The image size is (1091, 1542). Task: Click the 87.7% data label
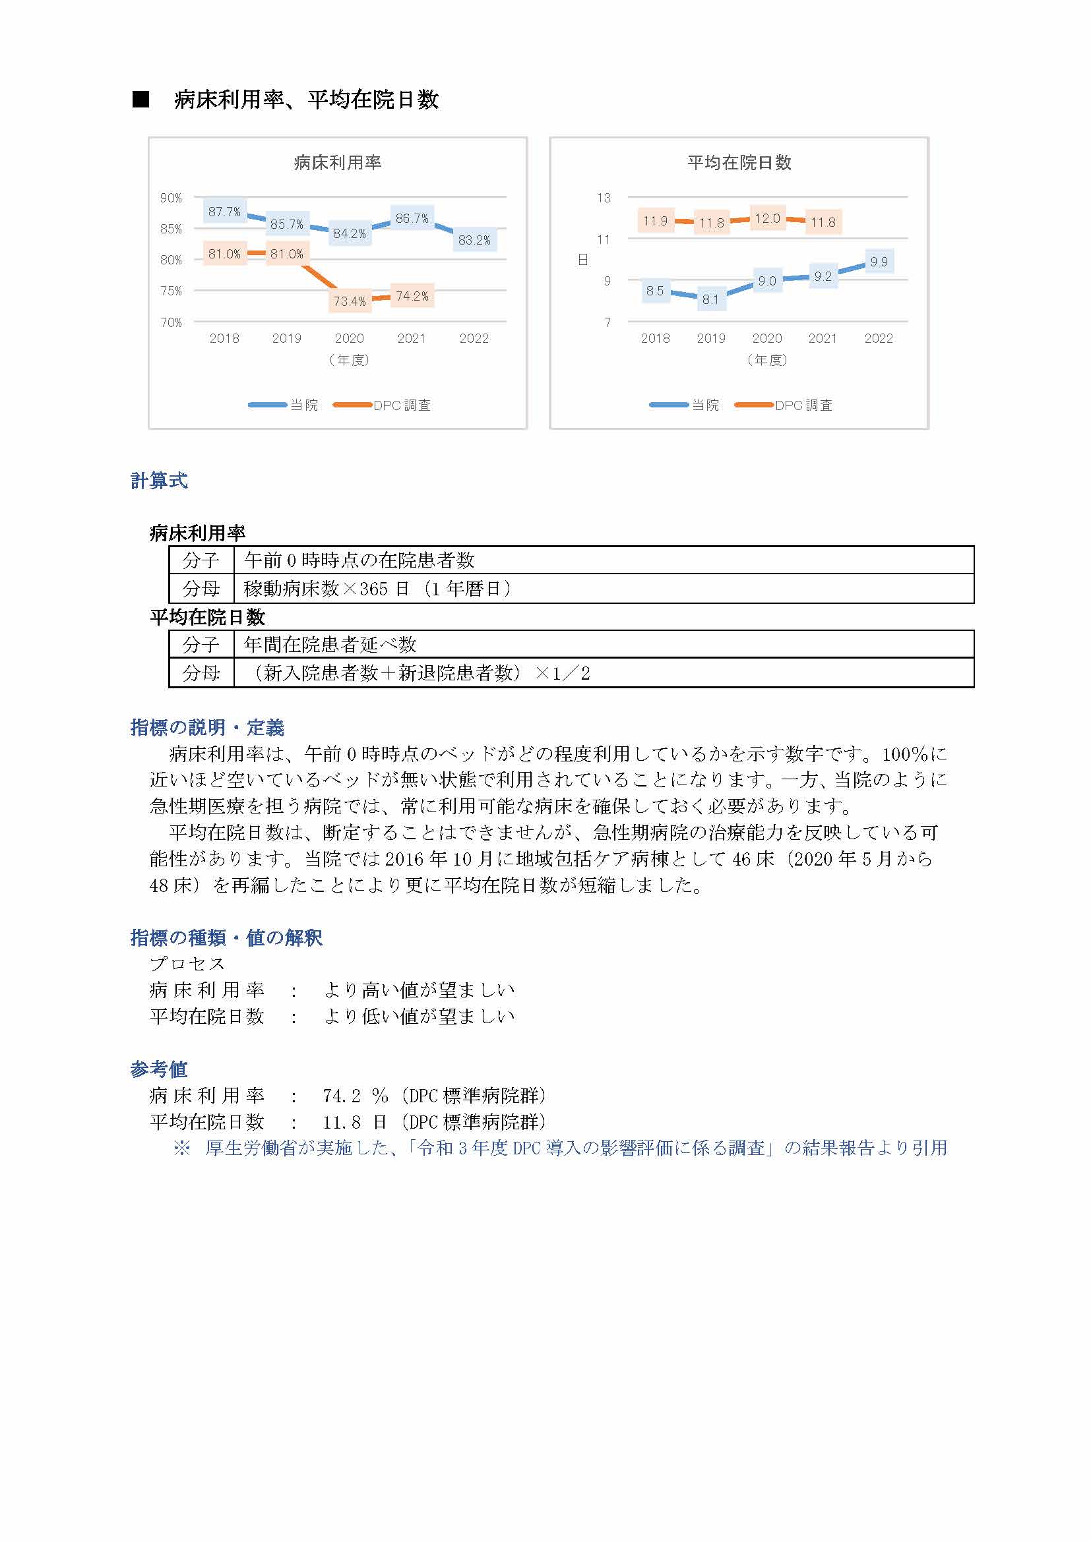click(224, 212)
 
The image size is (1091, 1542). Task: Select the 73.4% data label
click(350, 301)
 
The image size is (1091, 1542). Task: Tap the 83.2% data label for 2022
click(474, 240)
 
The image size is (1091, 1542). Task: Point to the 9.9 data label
click(879, 262)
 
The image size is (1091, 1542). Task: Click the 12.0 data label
click(767, 218)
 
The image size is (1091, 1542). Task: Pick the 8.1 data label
click(711, 299)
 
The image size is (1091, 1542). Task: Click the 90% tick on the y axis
click(171, 198)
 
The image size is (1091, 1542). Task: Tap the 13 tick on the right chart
click(604, 198)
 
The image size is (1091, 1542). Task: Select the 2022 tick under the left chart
click(474, 338)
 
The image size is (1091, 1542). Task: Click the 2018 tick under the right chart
click(655, 338)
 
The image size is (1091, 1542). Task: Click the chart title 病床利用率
click(337, 163)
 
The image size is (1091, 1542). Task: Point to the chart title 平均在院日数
click(739, 163)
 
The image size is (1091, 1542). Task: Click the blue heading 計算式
click(159, 481)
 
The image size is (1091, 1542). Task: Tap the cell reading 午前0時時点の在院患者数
click(359, 560)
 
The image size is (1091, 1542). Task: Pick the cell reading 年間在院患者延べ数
click(330, 645)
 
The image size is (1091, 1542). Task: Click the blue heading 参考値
click(159, 1069)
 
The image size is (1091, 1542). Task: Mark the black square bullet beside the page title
click(140, 100)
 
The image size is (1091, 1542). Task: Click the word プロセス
click(187, 964)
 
